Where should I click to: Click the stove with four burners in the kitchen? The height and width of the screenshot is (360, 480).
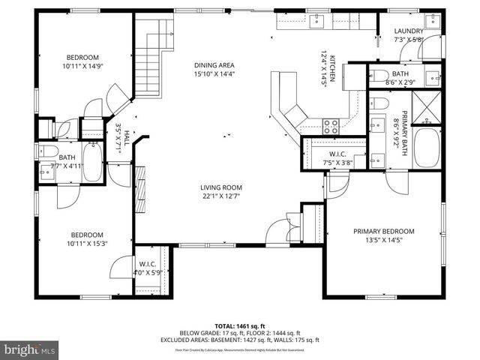[x=331, y=125]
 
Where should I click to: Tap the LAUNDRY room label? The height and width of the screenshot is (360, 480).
[x=409, y=31]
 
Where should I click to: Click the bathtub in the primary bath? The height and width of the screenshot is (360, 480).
[x=428, y=148]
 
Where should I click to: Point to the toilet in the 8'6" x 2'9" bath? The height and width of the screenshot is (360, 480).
[x=377, y=74]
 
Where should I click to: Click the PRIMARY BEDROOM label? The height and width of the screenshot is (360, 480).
[x=383, y=231]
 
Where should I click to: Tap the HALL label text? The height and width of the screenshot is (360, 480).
[x=127, y=141]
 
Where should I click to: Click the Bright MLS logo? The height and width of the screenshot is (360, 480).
[x=30, y=349]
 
